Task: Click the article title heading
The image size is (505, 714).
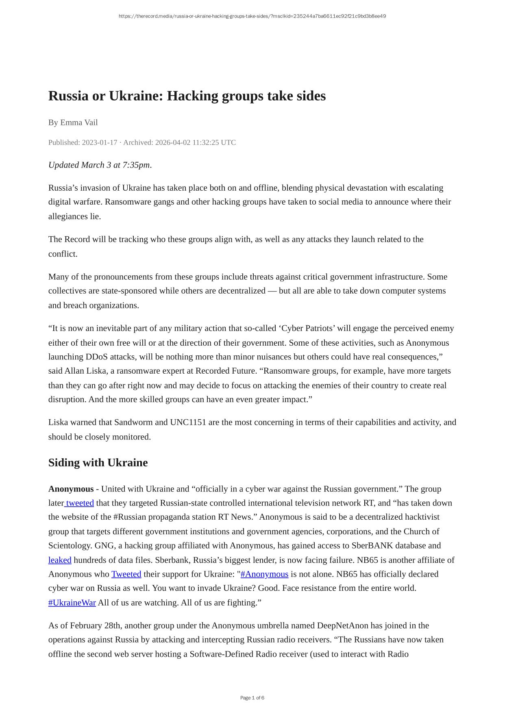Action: [187, 96]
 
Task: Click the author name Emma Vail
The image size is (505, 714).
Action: [79, 122]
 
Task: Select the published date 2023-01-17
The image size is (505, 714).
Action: [99, 142]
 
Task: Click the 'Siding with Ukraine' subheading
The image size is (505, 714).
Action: [98, 463]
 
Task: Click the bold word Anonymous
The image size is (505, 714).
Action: [71, 489]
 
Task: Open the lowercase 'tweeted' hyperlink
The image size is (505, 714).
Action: [80, 503]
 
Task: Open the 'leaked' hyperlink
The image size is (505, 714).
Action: [60, 560]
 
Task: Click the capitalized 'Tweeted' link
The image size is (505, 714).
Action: [126, 574]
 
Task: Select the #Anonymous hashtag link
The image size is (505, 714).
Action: [264, 574]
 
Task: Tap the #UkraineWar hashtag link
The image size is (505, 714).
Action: [72, 603]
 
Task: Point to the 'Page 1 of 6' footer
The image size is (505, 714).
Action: [252, 698]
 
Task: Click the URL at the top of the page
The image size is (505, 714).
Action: [252, 16]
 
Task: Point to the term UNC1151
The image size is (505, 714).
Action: [188, 422]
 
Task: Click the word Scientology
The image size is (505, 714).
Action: [69, 546]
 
